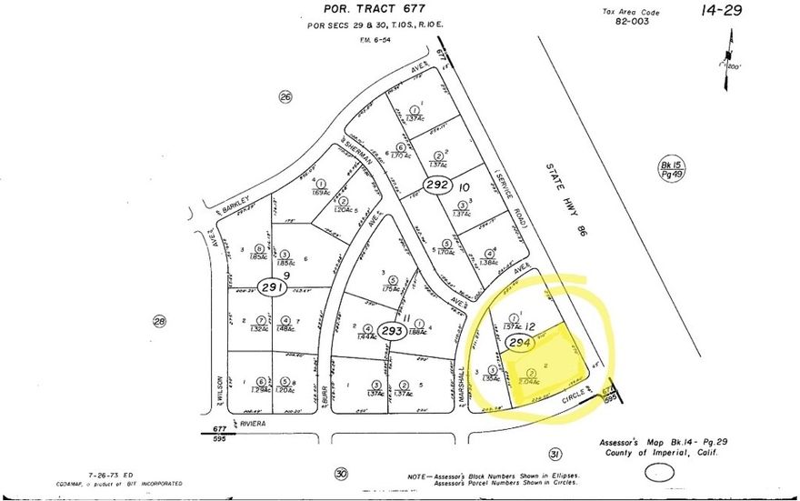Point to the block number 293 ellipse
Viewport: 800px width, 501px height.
click(x=391, y=330)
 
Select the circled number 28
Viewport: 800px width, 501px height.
click(x=160, y=320)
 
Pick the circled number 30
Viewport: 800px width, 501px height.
click(x=340, y=473)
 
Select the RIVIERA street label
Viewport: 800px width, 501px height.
click(x=255, y=422)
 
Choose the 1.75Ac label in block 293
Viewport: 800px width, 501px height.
click(x=392, y=287)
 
